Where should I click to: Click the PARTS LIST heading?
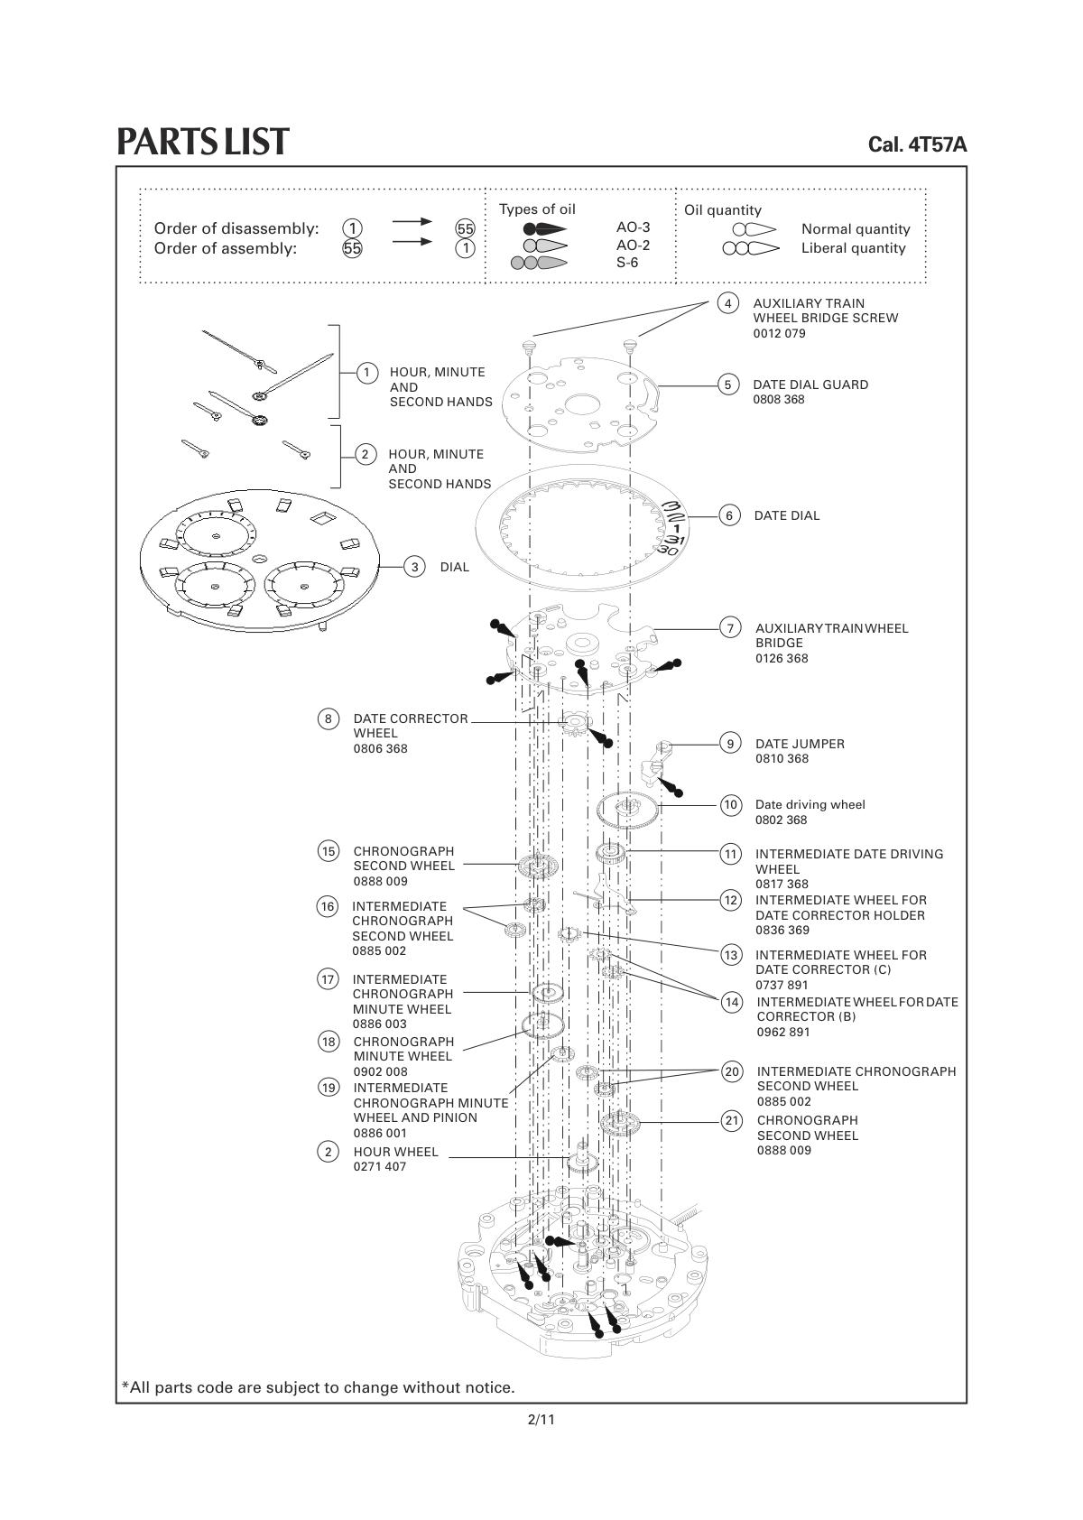coord(203,141)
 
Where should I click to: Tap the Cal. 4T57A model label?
coord(917,144)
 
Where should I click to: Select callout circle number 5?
coord(728,385)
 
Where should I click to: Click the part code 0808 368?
coord(778,400)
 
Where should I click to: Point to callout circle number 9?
coord(730,744)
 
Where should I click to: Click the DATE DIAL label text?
coord(786,515)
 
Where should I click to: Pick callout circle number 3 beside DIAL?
coord(414,567)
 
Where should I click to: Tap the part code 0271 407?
coord(379,1166)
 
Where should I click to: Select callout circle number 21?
coord(732,1120)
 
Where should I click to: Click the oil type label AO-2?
coord(633,245)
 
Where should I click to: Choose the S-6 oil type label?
coord(627,263)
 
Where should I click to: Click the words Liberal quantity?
coord(853,248)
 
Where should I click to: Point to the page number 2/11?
coord(541,1419)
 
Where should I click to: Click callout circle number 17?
coord(329,979)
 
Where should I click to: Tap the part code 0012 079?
coord(779,333)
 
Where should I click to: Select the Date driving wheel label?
coord(810,805)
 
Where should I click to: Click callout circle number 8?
coord(329,718)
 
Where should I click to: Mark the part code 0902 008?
coord(380,1071)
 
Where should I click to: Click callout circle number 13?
coord(731,956)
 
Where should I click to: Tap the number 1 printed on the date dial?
coord(677,528)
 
